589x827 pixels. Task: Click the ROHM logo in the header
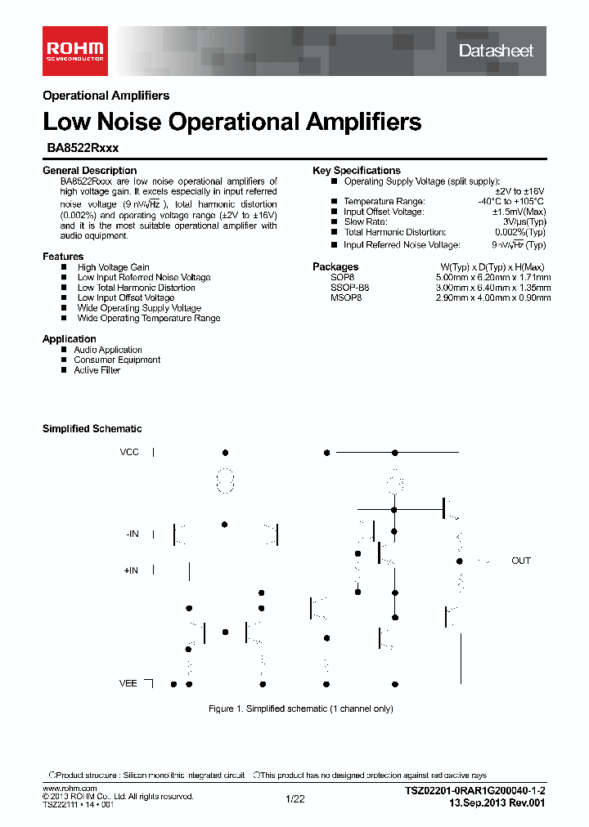pyautogui.click(x=74, y=47)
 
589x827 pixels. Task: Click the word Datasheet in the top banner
pyautogui.click(x=496, y=51)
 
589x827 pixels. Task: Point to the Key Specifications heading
pyautogui.click(x=356, y=171)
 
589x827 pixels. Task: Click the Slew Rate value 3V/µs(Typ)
pyautogui.click(x=524, y=222)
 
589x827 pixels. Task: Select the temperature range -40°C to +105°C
pyautogui.click(x=511, y=201)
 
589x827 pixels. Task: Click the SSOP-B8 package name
pyautogui.click(x=349, y=288)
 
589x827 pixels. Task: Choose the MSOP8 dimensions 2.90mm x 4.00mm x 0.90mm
pyautogui.click(x=492, y=298)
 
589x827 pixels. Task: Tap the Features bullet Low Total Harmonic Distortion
pyautogui.click(x=136, y=288)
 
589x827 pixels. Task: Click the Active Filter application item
pyautogui.click(x=97, y=370)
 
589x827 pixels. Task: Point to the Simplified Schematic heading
pyautogui.click(x=92, y=429)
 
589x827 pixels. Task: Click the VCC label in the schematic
pyautogui.click(x=130, y=452)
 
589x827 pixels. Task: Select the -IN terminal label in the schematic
pyautogui.click(x=133, y=534)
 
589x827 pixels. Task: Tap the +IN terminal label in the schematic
pyautogui.click(x=131, y=570)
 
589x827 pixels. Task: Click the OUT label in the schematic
pyautogui.click(x=521, y=561)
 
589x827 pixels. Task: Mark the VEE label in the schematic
pyautogui.click(x=128, y=683)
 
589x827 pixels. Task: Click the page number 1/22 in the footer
pyautogui.click(x=294, y=799)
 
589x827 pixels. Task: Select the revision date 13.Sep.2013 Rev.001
pyautogui.click(x=496, y=803)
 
